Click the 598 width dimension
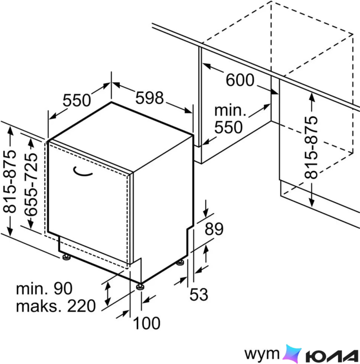tap(150, 98)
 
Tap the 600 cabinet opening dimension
tap(240, 80)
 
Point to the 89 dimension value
tap(214, 229)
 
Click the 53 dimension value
tap(199, 295)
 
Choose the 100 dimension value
tap(146, 323)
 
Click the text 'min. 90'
tap(44, 289)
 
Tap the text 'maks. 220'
tap(56, 306)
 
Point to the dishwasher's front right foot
tap(140, 287)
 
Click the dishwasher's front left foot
tap(66, 257)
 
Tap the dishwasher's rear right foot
tap(180, 262)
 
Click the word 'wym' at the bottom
tap(262, 354)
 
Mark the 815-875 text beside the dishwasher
tap(10, 181)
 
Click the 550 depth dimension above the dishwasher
tap(77, 100)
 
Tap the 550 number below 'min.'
tap(228, 127)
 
